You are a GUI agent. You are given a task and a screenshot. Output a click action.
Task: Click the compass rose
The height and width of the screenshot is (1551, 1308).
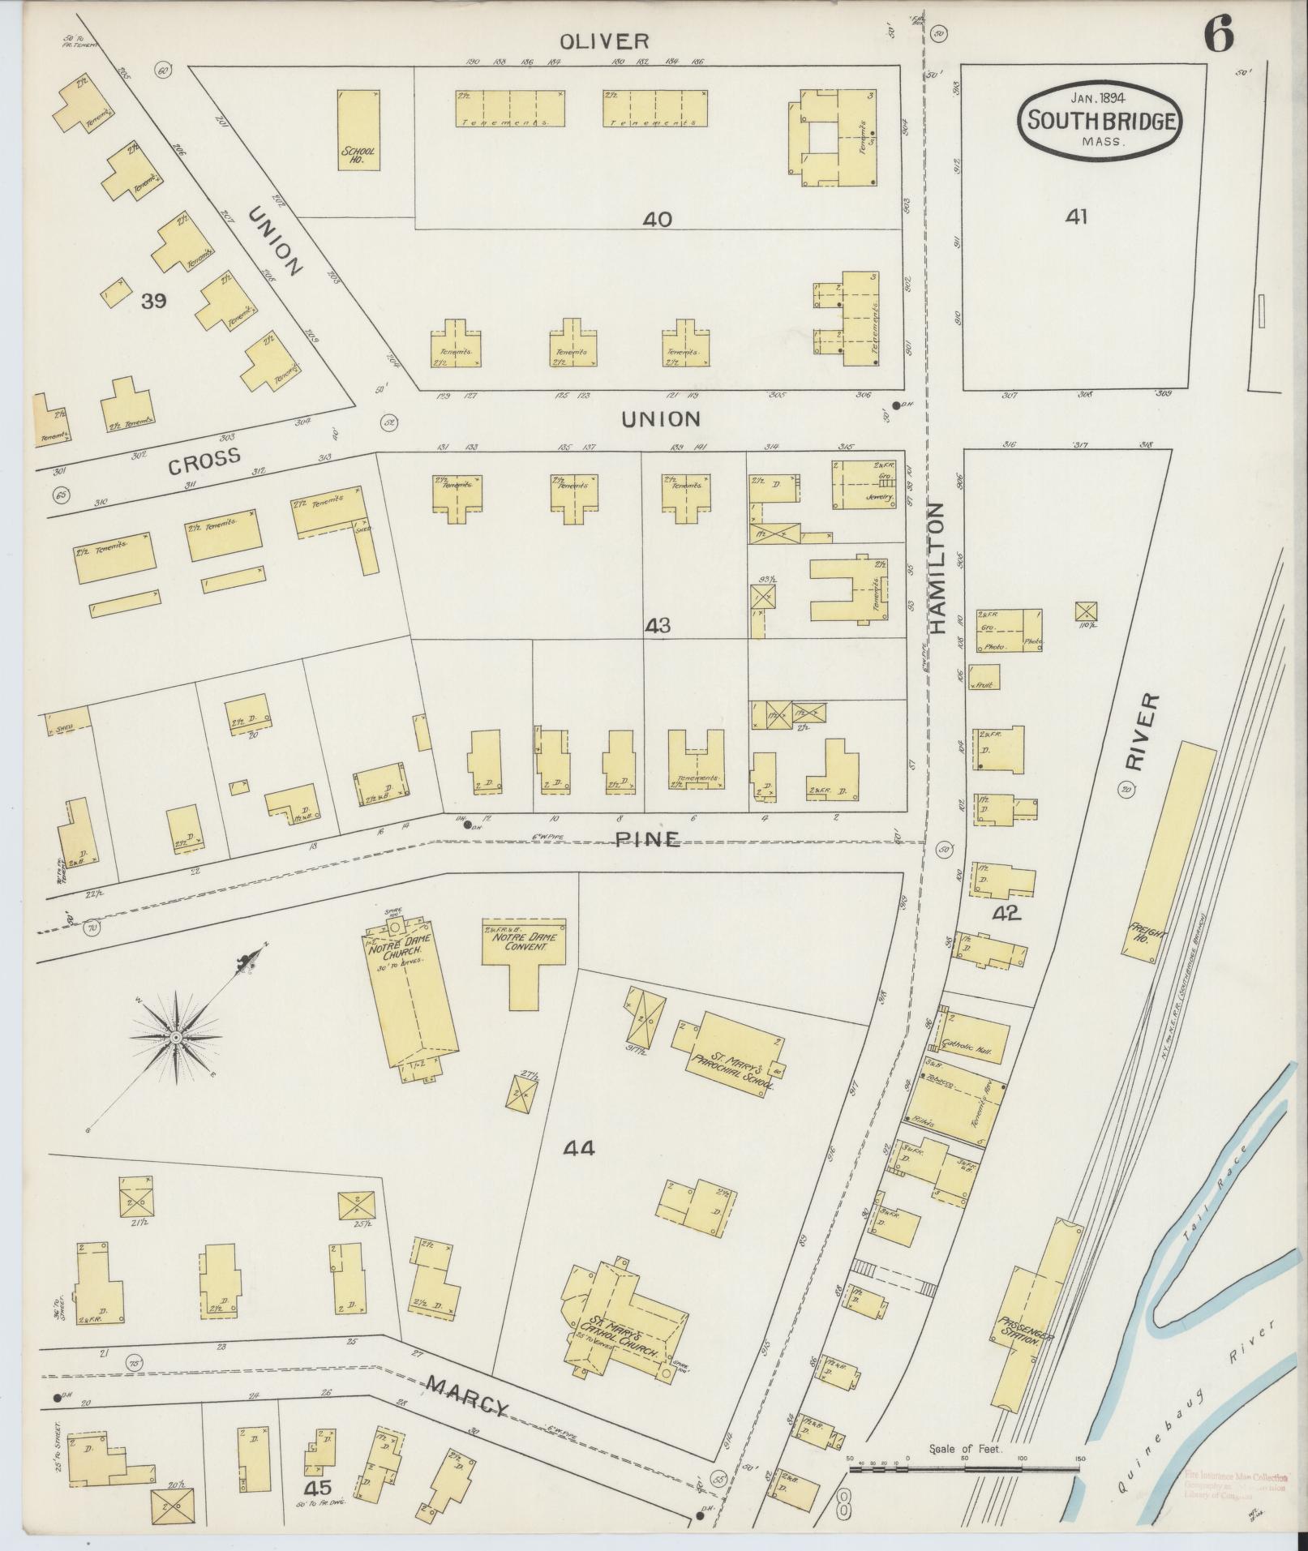click(x=176, y=1036)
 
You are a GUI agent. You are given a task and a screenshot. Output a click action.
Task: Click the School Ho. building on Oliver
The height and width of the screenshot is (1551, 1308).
click(x=358, y=130)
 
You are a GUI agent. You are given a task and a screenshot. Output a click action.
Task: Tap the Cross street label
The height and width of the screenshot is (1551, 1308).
click(x=204, y=461)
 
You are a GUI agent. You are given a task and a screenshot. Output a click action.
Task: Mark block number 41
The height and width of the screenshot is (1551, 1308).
click(x=1076, y=216)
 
